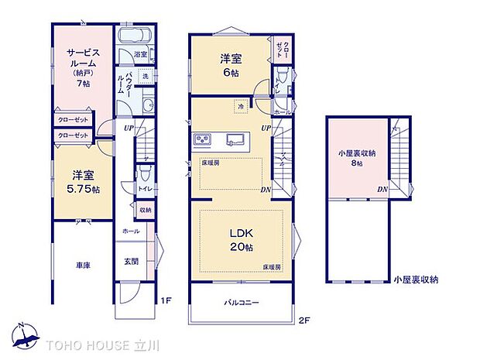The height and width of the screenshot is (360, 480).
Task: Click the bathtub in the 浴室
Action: [x=136, y=37]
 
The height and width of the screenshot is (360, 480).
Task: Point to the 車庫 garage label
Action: [x=83, y=266]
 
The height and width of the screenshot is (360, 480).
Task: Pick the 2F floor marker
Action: [x=304, y=319]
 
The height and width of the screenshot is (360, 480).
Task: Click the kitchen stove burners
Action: [x=203, y=139]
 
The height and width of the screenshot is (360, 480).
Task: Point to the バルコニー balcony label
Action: [x=242, y=301]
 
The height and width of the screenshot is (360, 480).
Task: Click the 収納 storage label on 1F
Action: [x=145, y=209]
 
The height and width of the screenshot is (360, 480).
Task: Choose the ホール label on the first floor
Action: [x=131, y=231]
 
